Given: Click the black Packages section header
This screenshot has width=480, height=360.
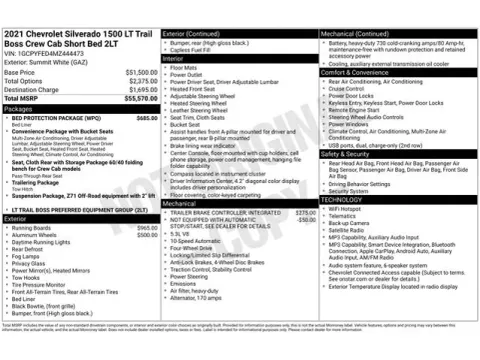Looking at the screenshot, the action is [x=80, y=108].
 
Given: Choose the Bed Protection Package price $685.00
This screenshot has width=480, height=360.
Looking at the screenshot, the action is [x=147, y=117].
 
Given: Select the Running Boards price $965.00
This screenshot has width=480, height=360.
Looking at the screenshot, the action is [x=147, y=228].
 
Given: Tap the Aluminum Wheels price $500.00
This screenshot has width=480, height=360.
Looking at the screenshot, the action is [x=147, y=235].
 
